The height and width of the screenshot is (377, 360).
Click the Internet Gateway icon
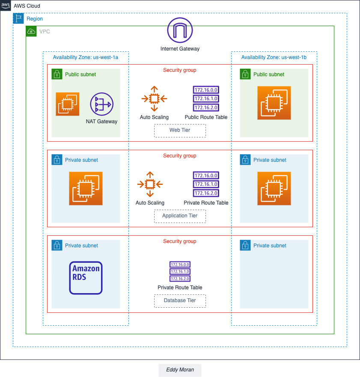coord(180,30)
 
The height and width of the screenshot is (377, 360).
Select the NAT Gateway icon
coord(101,104)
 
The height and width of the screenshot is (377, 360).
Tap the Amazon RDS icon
coord(86,278)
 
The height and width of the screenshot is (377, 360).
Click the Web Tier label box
coord(180,131)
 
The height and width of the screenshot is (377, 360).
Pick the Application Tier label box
coord(180,216)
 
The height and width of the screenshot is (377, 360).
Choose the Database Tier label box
coord(180,301)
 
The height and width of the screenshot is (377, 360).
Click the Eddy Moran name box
coord(180,370)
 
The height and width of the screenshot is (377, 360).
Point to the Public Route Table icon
coord(206,98)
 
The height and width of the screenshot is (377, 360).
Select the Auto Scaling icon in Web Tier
coord(154,98)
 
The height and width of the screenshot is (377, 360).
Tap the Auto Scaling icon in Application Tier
coord(150,184)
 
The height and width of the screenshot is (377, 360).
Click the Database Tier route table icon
coord(180,272)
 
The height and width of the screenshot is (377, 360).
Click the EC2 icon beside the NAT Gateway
coord(68,104)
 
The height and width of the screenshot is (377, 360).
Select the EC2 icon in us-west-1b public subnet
coord(274,103)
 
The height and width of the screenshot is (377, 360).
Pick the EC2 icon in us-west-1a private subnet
coord(86,188)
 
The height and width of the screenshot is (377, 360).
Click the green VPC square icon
coord(31,32)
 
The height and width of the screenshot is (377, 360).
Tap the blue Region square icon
coord(18,19)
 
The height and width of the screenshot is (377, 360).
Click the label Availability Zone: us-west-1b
coord(274,57)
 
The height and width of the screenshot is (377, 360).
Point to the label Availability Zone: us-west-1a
coord(85,57)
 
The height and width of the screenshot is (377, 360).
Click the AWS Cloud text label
coord(27,6)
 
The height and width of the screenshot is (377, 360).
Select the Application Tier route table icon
coord(206,184)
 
